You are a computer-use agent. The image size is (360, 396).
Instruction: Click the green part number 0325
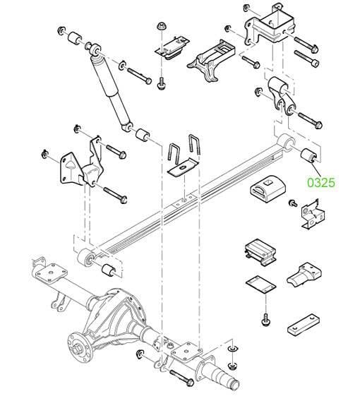coord(321,182)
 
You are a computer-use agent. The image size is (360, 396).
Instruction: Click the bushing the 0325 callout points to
coord(308,155)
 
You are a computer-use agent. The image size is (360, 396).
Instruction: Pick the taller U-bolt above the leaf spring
coord(195,145)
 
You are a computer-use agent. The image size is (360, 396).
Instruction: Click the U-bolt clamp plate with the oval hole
coord(184,167)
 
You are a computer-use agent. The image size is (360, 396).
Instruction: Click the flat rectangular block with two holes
coord(304,325)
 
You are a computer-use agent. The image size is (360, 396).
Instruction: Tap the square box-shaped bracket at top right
coord(270,27)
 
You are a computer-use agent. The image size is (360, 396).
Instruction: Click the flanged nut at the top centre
coord(160,26)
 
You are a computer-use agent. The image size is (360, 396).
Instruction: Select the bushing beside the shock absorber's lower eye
coord(143,135)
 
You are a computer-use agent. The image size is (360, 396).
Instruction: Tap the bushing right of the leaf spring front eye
coord(109,270)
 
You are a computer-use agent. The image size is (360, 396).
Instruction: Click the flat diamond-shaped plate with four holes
coord(260,285)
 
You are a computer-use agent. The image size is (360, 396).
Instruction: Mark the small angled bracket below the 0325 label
coord(313,215)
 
